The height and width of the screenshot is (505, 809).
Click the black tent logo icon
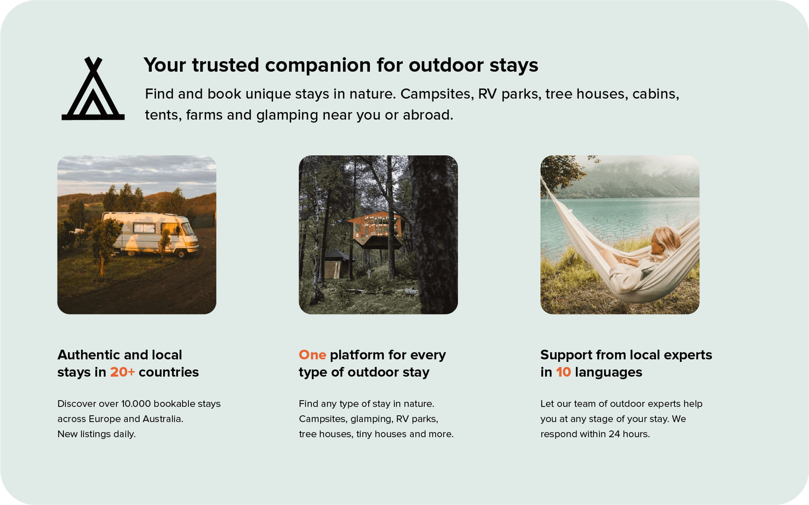click(x=93, y=89)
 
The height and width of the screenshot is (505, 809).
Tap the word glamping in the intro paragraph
click(x=287, y=115)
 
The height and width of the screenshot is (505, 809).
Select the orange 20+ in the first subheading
click(x=122, y=372)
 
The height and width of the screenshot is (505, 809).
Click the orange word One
click(x=312, y=355)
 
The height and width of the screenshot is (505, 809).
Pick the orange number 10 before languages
click(x=563, y=372)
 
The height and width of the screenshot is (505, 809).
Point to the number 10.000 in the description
click(x=136, y=404)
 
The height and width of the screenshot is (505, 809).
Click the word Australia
click(x=162, y=419)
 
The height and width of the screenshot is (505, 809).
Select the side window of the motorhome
click(x=144, y=228)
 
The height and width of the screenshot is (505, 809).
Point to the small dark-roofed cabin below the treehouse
click(x=337, y=264)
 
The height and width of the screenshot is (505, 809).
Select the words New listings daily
click(x=96, y=434)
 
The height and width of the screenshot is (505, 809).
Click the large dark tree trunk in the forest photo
click(x=435, y=236)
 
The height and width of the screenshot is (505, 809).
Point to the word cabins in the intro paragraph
click(x=655, y=94)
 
